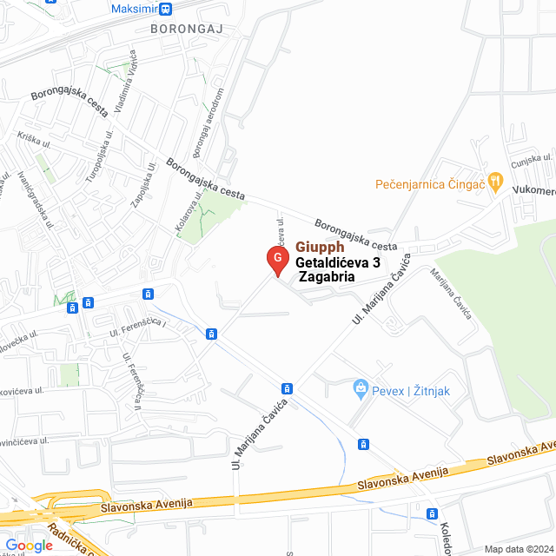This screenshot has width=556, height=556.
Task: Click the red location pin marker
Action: pos(276,259)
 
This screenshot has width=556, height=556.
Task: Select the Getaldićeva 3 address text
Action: pos(338,261)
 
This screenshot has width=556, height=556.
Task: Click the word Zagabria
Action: pos(327,276)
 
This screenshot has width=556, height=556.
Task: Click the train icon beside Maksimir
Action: pos(165,9)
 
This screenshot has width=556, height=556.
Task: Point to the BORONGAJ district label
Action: pos(188,29)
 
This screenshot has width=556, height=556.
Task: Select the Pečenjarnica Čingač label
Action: pos(429,184)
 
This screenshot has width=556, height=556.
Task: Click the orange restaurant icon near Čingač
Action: pos(495,182)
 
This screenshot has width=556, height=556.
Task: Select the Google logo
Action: pos(29,545)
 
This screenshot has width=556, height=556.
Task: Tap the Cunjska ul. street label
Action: pos(531,160)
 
